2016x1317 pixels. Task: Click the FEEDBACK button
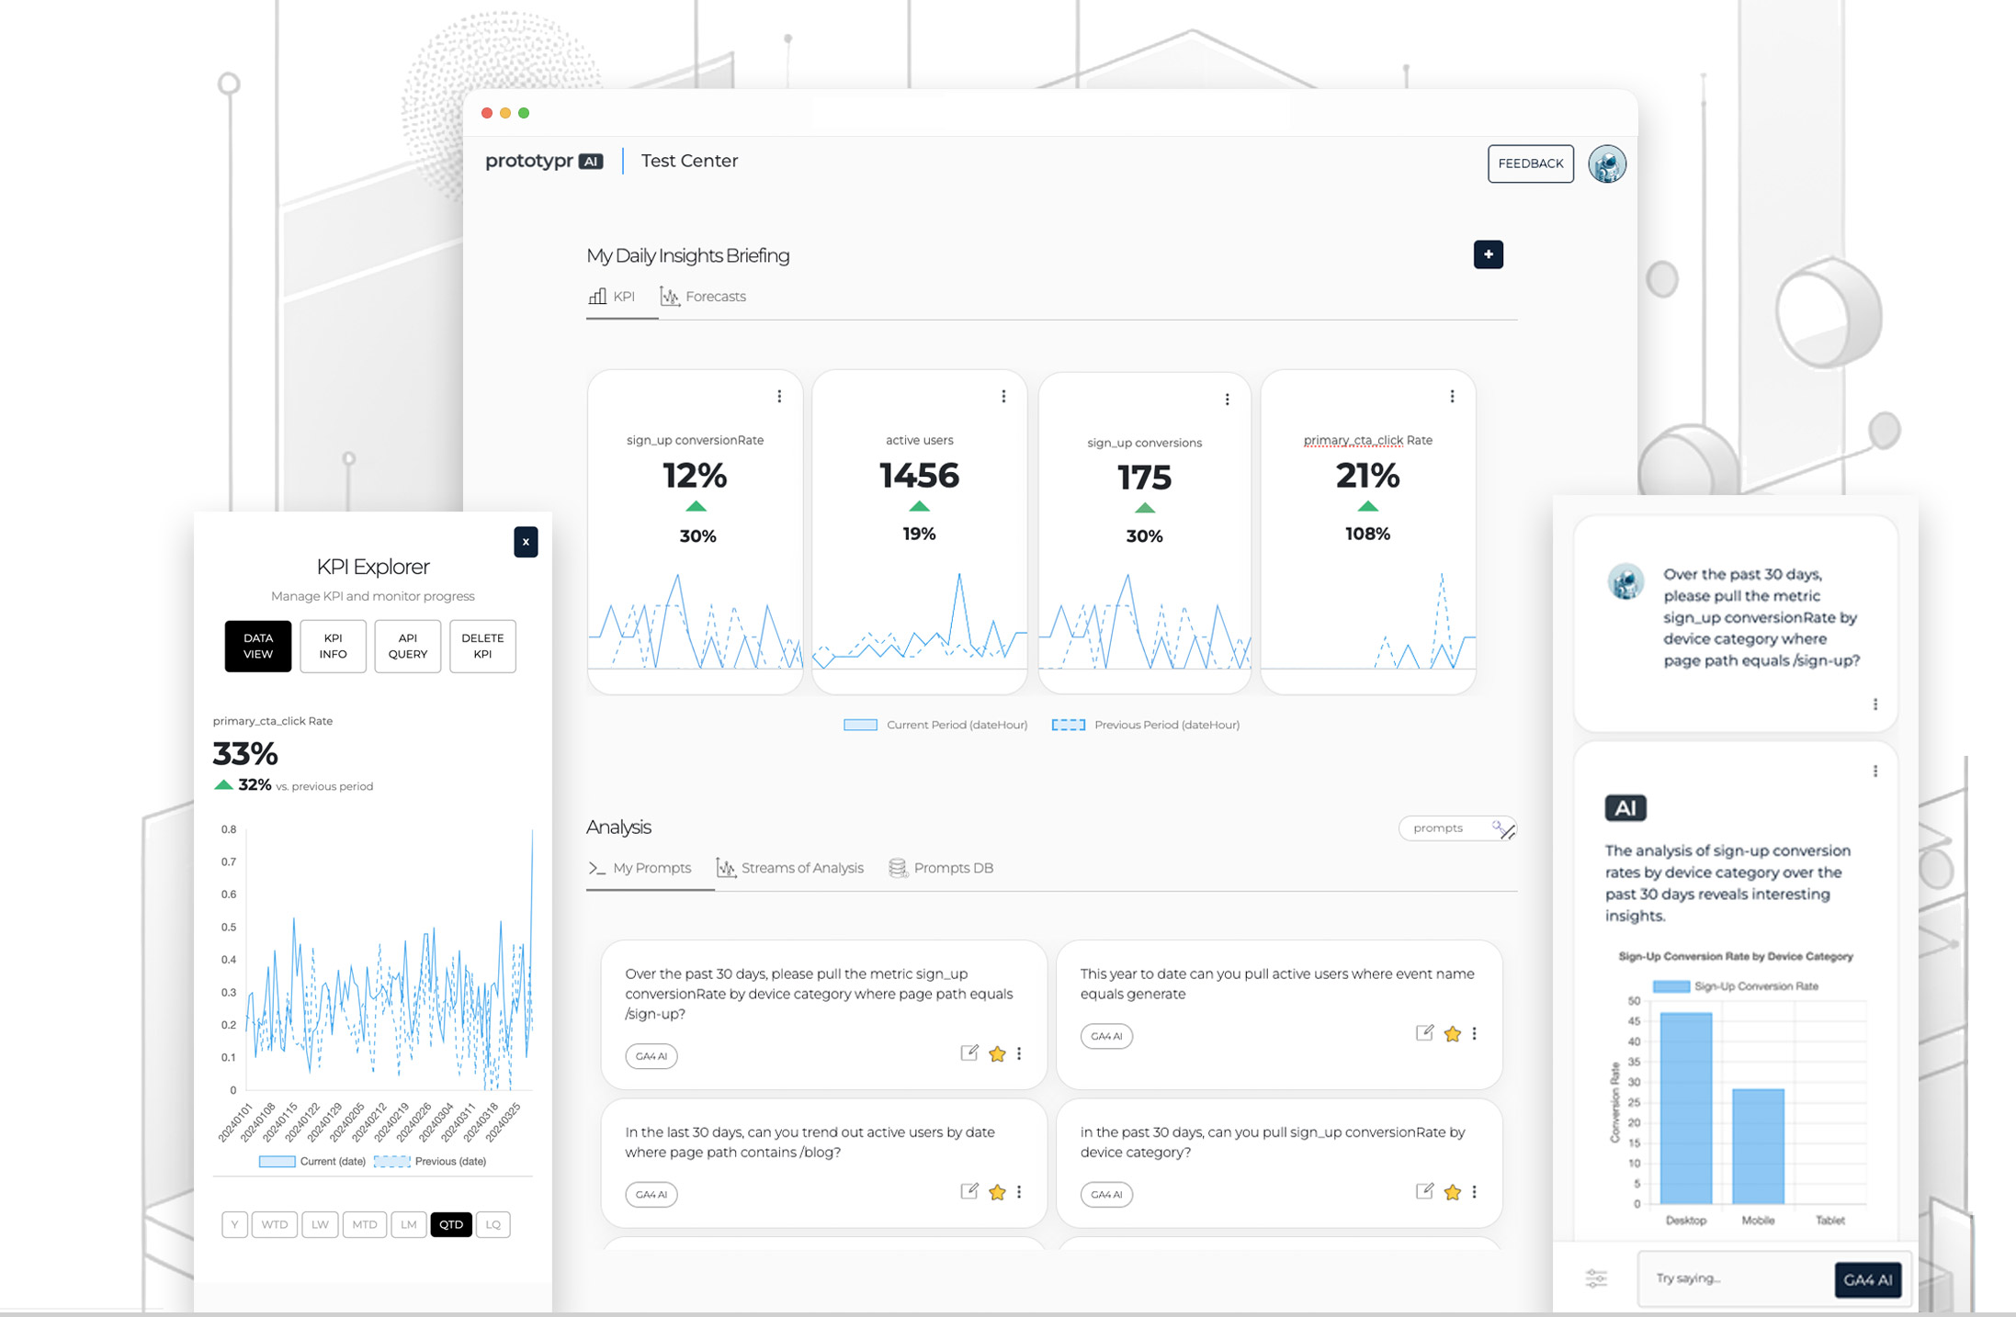pyautogui.click(x=1530, y=163)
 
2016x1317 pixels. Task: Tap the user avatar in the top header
pyautogui.click(x=1606, y=163)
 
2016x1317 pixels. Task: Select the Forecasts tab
pyautogui.click(x=704, y=297)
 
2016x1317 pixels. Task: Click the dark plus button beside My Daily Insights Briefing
pyautogui.click(x=1488, y=254)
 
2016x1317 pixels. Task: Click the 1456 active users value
pyautogui.click(x=919, y=476)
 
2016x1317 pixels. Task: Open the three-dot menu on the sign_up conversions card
pyautogui.click(x=1227, y=400)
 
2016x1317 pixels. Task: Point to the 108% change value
pyautogui.click(x=1367, y=534)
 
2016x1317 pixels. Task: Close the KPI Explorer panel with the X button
pyautogui.click(x=526, y=542)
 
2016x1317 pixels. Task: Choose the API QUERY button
pyautogui.click(x=407, y=646)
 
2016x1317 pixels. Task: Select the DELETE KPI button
pyautogui.click(x=482, y=646)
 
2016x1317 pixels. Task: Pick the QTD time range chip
pyautogui.click(x=450, y=1224)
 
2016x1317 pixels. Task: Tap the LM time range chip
pyautogui.click(x=409, y=1224)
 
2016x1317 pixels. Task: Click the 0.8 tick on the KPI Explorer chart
pyautogui.click(x=228, y=829)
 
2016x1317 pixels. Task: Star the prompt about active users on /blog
pyautogui.click(x=997, y=1192)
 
